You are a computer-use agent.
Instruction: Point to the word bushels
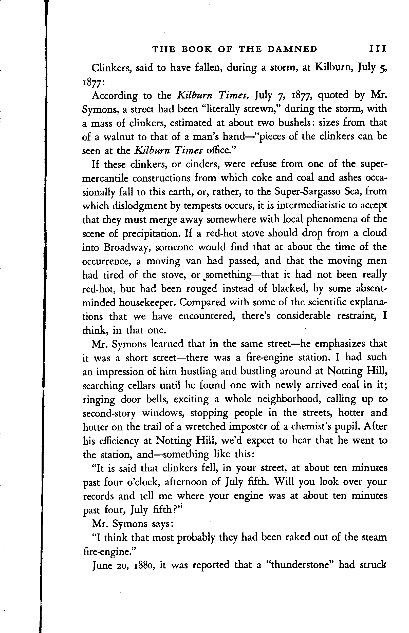point(294,123)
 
